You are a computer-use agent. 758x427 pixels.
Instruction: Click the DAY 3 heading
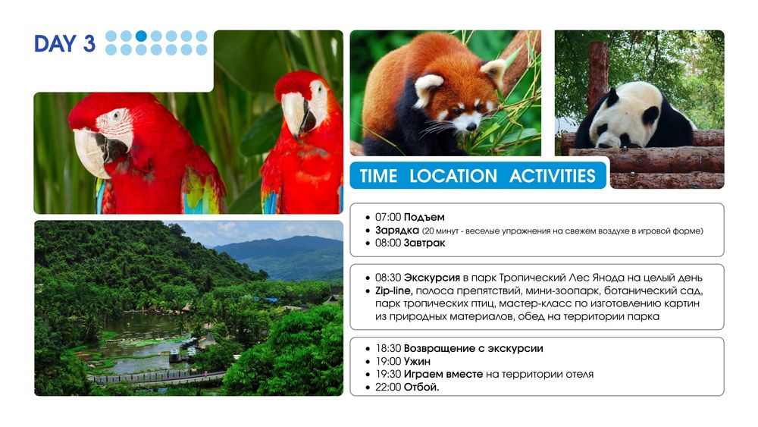tap(64, 43)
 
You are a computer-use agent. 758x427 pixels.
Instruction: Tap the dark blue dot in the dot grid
tap(141, 36)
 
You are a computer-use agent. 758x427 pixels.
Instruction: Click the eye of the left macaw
tap(115, 116)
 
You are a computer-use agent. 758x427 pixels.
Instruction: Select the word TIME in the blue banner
tap(378, 176)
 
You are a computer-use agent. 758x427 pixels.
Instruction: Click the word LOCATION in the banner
tap(453, 176)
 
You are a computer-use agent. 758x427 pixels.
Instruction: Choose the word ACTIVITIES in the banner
tap(552, 176)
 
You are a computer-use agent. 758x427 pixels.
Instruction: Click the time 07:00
tap(387, 217)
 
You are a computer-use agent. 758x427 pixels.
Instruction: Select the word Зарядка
tap(397, 230)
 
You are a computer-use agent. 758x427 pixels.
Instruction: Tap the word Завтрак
tap(424, 243)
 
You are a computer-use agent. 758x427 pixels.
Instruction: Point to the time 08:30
tap(387, 278)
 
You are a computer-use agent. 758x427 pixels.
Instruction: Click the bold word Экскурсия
tap(432, 278)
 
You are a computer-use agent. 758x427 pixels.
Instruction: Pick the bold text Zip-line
tap(393, 290)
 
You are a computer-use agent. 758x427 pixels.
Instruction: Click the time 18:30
tap(387, 348)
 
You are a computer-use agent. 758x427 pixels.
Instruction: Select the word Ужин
tap(417, 361)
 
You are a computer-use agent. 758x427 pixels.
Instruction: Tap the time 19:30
tap(387, 374)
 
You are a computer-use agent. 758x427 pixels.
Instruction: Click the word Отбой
tap(421, 387)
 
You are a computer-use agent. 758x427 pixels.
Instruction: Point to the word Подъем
tap(424, 217)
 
